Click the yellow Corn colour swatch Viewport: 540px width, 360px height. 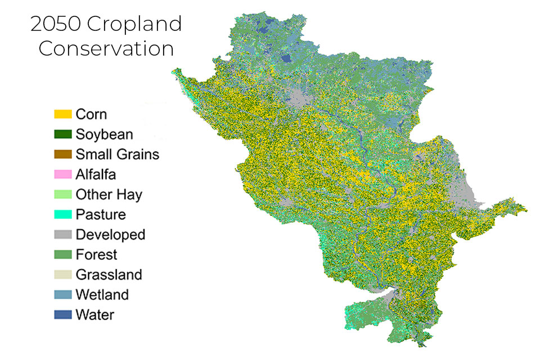pos(63,114)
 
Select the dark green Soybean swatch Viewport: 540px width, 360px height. pos(63,134)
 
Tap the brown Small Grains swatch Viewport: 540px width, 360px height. pos(63,154)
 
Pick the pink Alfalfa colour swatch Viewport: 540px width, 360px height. pos(63,174)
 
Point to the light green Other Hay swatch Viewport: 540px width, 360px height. pos(63,195)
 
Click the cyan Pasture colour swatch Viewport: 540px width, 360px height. pos(63,214)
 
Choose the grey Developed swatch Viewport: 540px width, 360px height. pos(63,235)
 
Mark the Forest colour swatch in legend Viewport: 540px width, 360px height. pos(63,254)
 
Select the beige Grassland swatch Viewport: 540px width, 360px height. pos(63,274)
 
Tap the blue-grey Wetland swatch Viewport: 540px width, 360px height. pos(63,295)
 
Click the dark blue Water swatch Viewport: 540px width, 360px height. pos(63,314)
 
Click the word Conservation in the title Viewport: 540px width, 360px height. pos(106,48)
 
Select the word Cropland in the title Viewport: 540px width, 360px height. pos(137,24)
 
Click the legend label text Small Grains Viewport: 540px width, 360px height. pos(118,154)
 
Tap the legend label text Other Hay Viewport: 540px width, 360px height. pos(109,195)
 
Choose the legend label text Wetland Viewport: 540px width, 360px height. pos(102,295)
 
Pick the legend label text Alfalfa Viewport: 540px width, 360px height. pos(96,174)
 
